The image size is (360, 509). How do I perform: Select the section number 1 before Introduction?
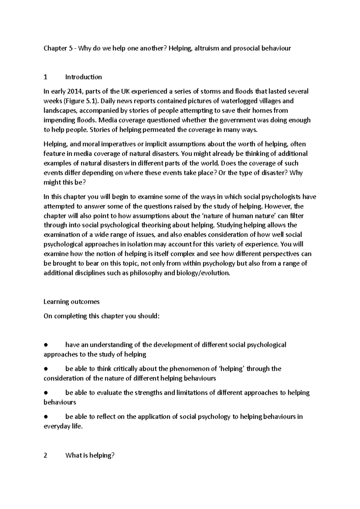click(45, 77)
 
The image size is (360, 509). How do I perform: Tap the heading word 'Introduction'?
click(84, 77)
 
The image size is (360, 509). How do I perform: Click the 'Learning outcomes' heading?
click(71, 302)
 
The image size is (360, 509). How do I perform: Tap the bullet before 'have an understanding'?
click(46, 345)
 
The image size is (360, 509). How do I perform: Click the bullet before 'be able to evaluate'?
click(46, 393)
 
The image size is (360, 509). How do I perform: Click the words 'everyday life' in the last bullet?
click(63, 426)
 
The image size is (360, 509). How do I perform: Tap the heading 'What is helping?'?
click(90, 455)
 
